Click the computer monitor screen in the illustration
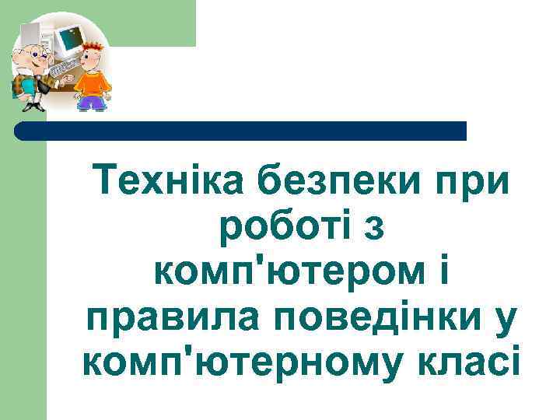(x=70, y=36)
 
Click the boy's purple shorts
(x=93, y=102)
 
